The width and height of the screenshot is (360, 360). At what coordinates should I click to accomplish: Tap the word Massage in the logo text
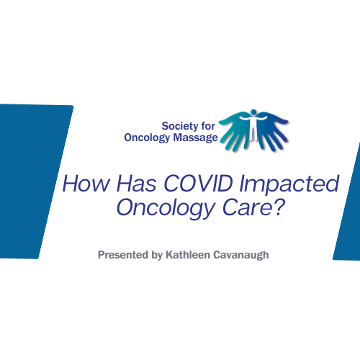(x=195, y=138)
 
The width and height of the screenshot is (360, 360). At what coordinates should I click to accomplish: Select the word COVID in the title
(x=198, y=184)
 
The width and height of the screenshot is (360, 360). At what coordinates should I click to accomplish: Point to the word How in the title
(x=86, y=184)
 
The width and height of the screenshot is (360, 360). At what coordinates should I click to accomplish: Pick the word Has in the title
(x=137, y=184)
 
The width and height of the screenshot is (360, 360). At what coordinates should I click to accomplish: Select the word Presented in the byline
(x=123, y=255)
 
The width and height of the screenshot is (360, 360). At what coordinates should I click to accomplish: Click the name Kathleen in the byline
(x=188, y=255)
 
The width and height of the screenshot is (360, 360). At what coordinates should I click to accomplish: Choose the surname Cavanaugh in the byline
(x=241, y=256)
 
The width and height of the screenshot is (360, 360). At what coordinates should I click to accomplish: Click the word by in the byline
(x=157, y=256)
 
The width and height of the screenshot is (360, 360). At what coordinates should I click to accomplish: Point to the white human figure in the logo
(x=253, y=126)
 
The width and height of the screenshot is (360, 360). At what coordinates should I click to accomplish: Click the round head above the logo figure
(x=253, y=112)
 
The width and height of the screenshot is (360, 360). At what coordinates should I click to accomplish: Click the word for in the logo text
(x=208, y=126)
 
